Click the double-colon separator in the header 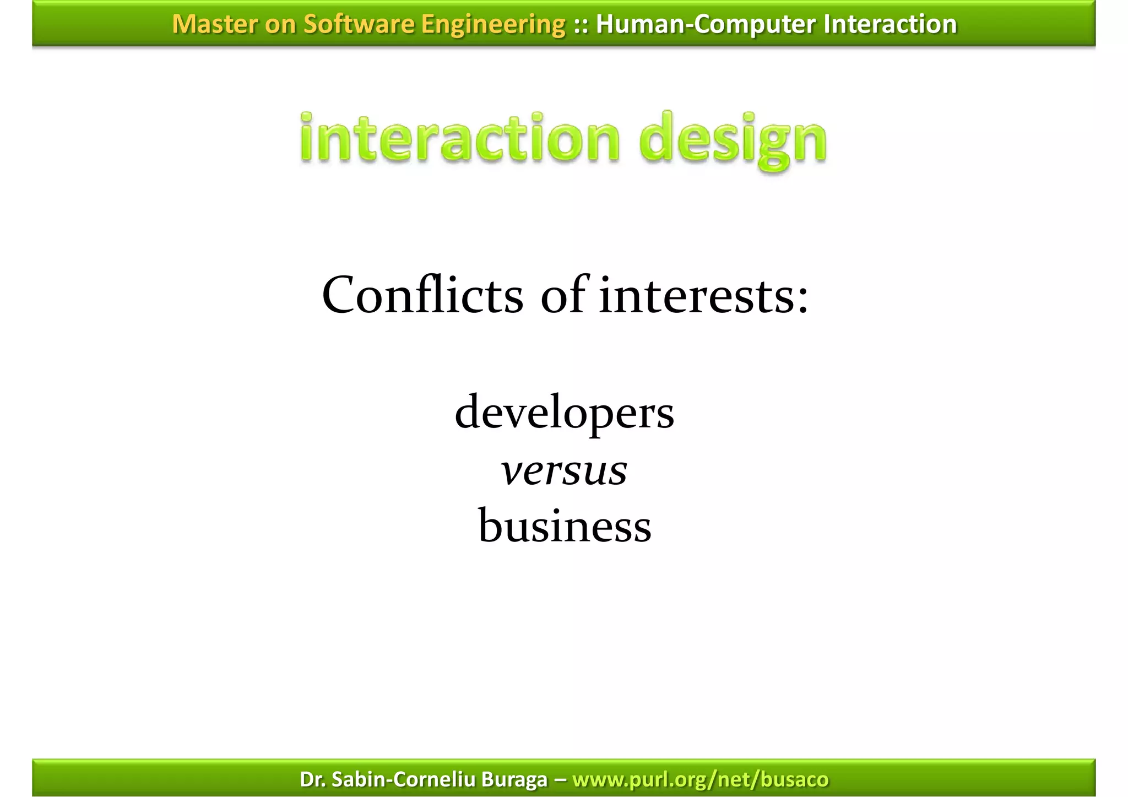[581, 24]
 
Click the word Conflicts [422, 296]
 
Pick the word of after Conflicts [562, 296]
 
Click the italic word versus [564, 471]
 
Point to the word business [565, 525]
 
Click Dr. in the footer [313, 779]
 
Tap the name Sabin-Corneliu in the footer [404, 779]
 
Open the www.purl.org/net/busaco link [700, 779]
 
